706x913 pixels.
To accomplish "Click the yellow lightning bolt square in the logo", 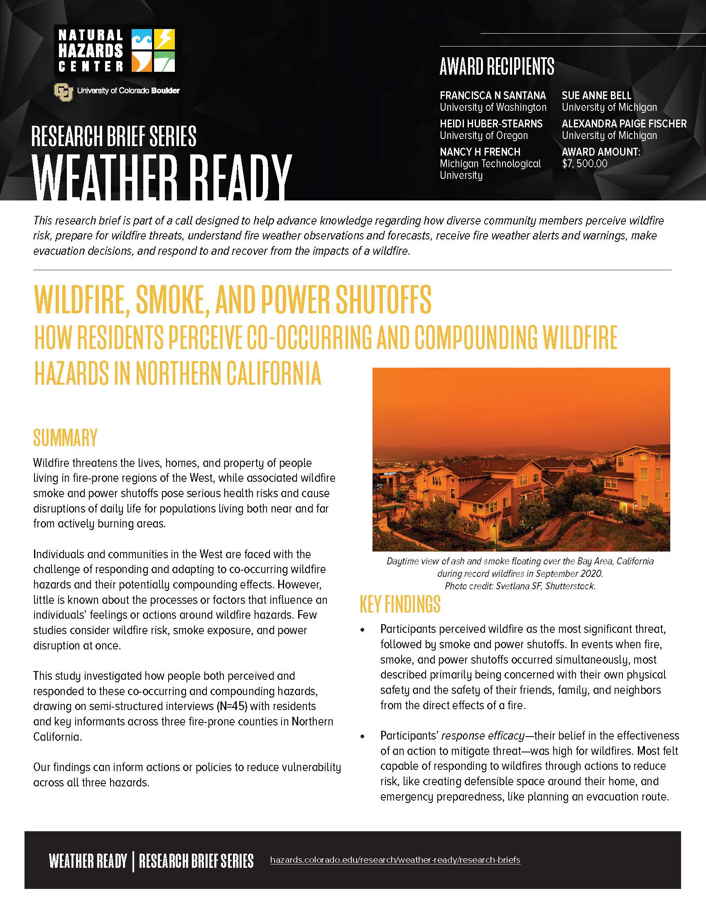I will (164, 40).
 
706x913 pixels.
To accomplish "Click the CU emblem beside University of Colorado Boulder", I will (63, 92).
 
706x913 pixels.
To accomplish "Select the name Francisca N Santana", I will (493, 95).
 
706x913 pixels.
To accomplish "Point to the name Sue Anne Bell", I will (596, 95).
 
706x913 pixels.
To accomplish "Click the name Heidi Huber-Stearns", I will (491, 124).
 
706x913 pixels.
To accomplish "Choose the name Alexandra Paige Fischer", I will (624, 124).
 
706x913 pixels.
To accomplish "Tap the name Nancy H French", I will (480, 152).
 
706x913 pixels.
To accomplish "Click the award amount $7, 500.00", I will (584, 164).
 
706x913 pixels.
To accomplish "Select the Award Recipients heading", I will (497, 66).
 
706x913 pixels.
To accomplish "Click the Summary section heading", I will (65, 438).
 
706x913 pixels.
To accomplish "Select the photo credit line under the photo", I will (520, 586).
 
